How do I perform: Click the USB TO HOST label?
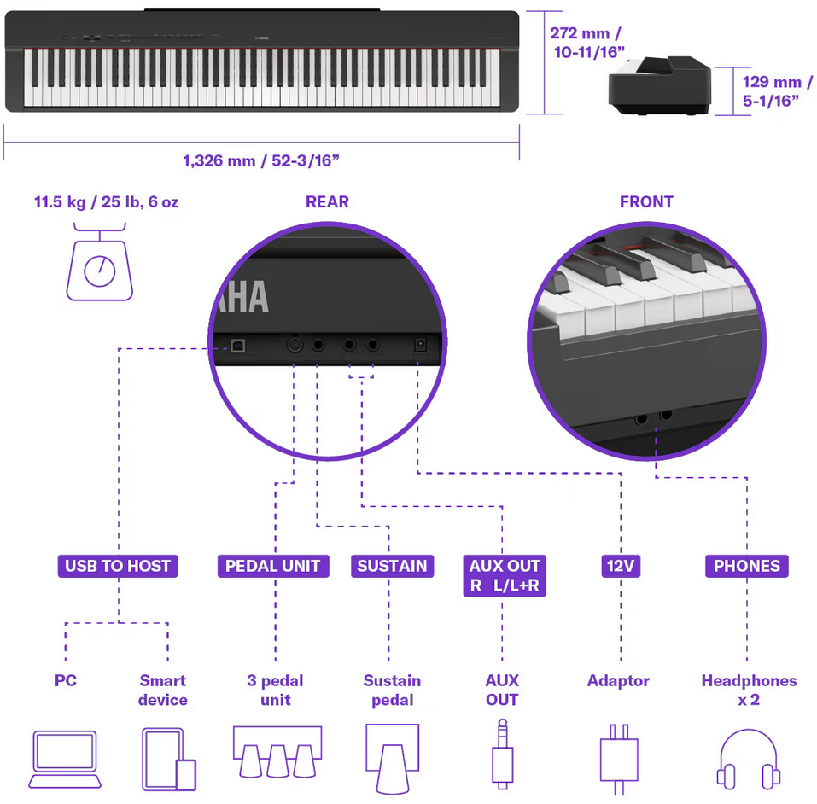click(x=118, y=566)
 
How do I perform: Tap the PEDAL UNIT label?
click(x=272, y=566)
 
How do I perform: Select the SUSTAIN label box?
click(x=392, y=566)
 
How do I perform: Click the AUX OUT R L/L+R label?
click(x=505, y=576)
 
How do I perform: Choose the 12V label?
click(x=620, y=566)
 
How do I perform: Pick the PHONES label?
click(x=746, y=566)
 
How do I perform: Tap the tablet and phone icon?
click(x=167, y=759)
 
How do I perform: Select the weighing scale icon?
click(x=100, y=263)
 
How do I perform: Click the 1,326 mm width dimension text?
click(x=261, y=160)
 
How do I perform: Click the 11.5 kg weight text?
click(x=107, y=203)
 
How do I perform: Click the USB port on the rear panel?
click(x=236, y=347)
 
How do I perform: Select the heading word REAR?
click(x=327, y=202)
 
